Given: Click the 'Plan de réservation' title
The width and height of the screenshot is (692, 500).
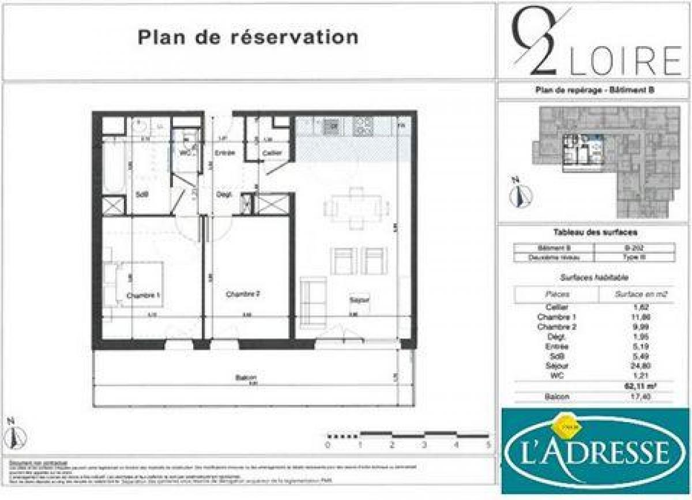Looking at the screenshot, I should click(248, 37).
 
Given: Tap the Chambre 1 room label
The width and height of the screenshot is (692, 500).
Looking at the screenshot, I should click(143, 295).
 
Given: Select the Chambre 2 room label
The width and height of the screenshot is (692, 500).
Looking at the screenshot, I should click(243, 294).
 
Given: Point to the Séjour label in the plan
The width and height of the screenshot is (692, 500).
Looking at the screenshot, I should click(359, 300).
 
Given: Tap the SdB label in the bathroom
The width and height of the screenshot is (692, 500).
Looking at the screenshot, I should click(142, 194).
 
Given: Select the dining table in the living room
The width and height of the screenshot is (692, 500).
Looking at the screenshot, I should click(352, 205).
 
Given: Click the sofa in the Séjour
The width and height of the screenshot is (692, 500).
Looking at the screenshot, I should click(313, 301).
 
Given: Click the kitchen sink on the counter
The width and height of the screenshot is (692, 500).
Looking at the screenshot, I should click(331, 125).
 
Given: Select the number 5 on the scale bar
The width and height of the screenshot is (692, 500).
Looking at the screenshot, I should click(488, 445).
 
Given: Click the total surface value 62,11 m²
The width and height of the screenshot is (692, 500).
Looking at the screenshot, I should click(634, 386).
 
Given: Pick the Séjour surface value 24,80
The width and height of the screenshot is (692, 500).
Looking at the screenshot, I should click(634, 366).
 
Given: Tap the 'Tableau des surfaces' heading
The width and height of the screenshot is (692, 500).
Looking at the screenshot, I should click(595, 232).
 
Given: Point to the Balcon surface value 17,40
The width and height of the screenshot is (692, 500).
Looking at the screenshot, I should click(634, 397).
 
